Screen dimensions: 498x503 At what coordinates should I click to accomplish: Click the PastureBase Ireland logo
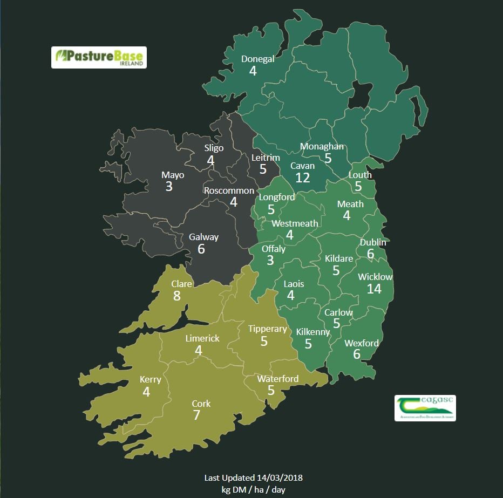click(99, 57)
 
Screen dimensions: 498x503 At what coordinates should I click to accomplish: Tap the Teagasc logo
click(425, 408)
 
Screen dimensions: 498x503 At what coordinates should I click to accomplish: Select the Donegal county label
click(257, 59)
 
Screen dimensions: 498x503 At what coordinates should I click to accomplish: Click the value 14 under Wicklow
click(374, 289)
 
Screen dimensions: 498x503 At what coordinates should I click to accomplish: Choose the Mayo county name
click(173, 175)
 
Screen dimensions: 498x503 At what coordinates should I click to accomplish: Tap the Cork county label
click(201, 404)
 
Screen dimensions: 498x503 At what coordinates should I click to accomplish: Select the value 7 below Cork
click(197, 415)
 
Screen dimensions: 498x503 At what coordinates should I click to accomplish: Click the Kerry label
click(150, 379)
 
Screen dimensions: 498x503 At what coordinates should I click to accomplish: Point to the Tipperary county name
click(267, 329)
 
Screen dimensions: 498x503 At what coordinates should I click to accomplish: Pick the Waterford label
click(277, 379)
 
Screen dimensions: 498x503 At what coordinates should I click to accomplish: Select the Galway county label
click(203, 237)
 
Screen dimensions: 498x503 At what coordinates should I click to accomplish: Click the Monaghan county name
click(322, 146)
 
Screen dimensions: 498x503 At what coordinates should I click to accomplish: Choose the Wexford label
click(362, 343)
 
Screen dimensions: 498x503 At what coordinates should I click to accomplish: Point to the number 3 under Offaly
click(270, 260)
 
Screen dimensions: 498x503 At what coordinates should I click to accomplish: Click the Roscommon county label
click(229, 190)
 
